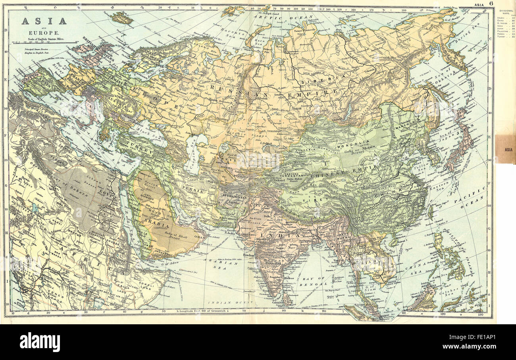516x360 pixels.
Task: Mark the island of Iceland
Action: tap(121, 17)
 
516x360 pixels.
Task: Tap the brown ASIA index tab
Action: tap(505, 149)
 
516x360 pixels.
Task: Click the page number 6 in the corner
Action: tap(491, 3)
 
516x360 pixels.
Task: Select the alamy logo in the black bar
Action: tap(40, 342)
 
